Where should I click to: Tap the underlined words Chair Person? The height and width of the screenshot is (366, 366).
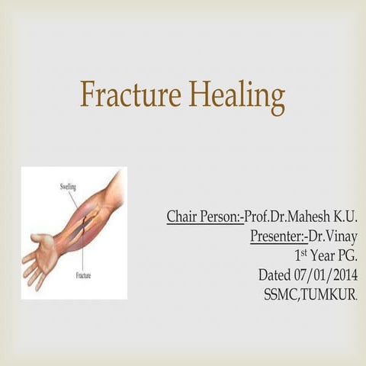(x=204, y=217)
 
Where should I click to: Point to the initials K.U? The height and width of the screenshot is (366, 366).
(x=344, y=217)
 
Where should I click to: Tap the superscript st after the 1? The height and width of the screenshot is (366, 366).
(x=306, y=252)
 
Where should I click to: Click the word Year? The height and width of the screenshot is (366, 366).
(x=324, y=255)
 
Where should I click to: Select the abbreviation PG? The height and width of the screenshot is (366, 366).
(x=348, y=255)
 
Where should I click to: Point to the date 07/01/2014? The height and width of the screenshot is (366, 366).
(x=328, y=274)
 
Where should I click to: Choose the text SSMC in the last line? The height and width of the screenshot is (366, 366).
(x=279, y=294)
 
